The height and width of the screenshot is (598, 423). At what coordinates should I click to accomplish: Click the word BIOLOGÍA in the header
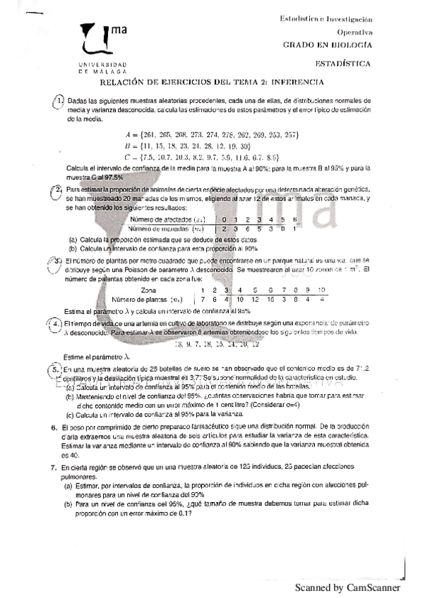[x=352, y=44]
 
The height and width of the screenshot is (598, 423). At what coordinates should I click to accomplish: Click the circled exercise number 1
[x=60, y=100]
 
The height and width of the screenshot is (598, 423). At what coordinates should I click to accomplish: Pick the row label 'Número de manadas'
[x=162, y=228]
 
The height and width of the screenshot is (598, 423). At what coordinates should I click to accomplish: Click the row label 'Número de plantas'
[x=143, y=299]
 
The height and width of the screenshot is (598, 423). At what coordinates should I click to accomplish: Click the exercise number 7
[x=54, y=468]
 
